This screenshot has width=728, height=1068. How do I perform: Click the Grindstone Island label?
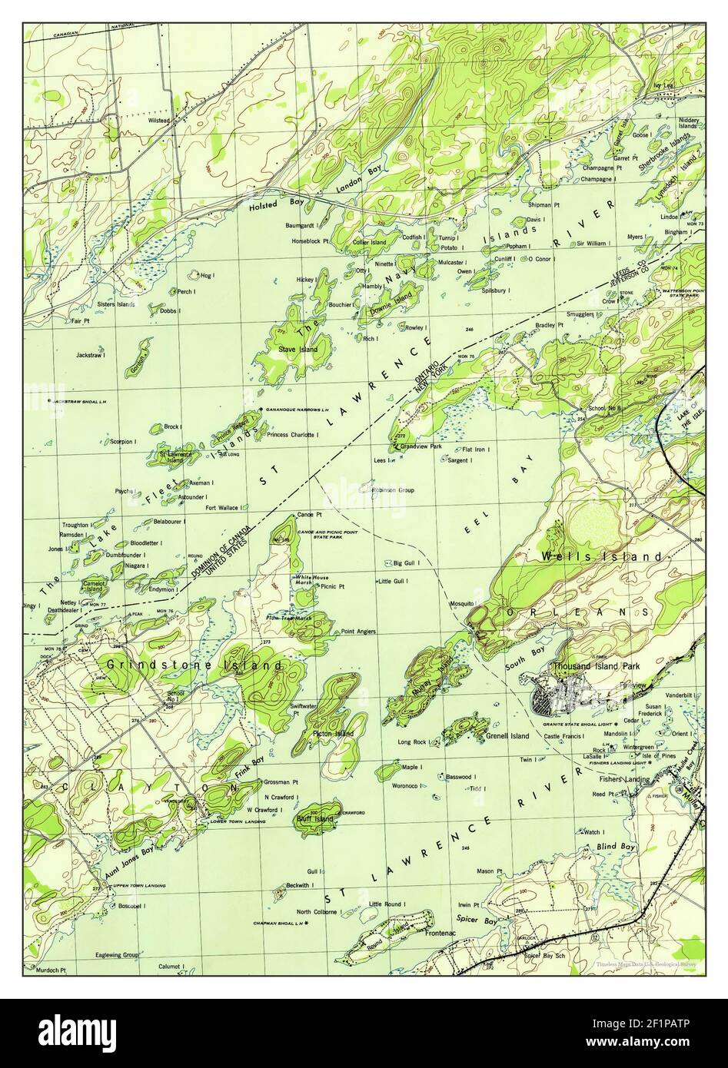click(x=194, y=664)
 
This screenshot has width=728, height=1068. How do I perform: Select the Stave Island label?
click(x=298, y=350)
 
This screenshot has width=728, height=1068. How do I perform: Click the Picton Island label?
click(x=333, y=734)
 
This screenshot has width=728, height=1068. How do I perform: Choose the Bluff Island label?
click(x=314, y=819)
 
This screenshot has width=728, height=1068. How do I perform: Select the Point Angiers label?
click(x=358, y=632)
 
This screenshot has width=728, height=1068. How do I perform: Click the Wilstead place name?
click(x=159, y=121)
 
